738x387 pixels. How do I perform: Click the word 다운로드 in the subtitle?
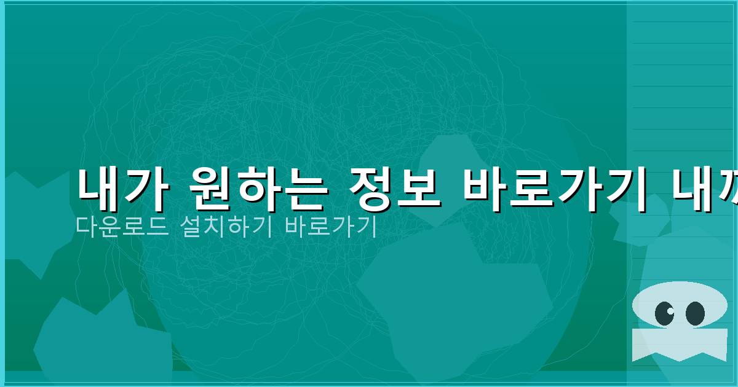point(119,227)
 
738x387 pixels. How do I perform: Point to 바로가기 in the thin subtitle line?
point(330,227)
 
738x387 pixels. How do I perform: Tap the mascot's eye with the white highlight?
point(664,313)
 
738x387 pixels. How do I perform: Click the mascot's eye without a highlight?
point(695,313)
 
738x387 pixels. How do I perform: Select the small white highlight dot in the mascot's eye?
point(670,310)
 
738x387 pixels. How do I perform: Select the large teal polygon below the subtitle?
point(455,301)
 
